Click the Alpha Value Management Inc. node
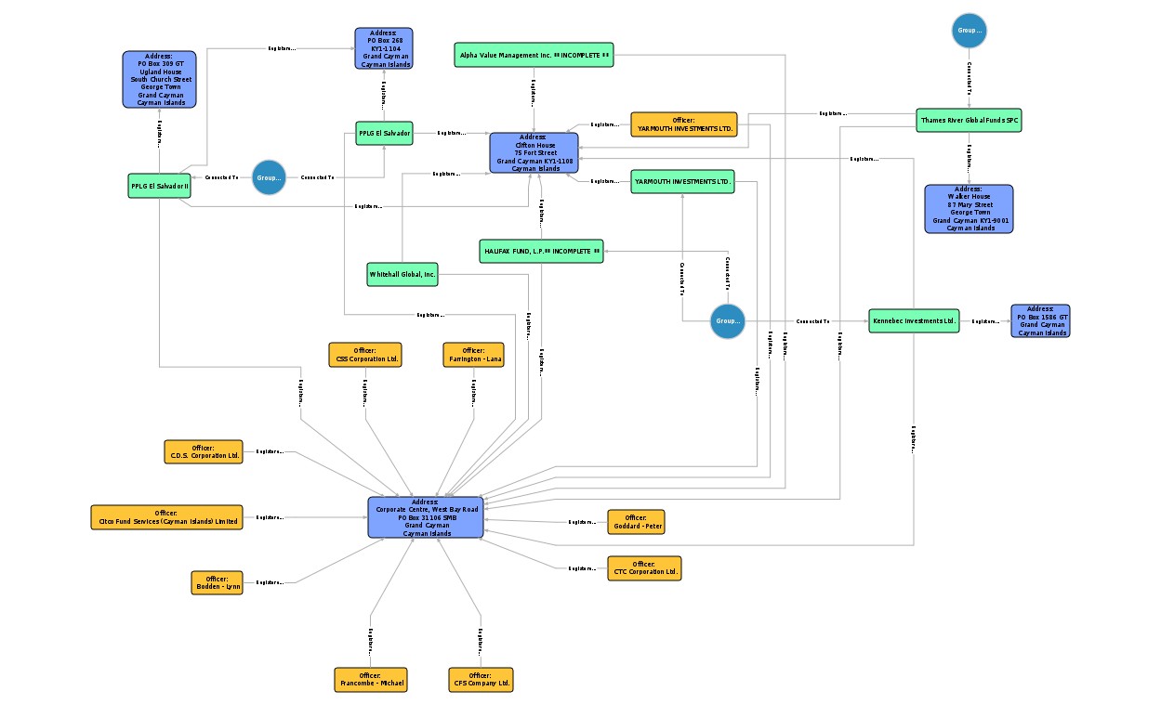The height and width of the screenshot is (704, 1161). [x=534, y=55]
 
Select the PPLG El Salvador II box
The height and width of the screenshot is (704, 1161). [x=159, y=186]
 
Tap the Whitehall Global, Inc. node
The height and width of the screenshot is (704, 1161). [x=402, y=275]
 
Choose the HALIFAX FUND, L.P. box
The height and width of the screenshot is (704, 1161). [x=541, y=251]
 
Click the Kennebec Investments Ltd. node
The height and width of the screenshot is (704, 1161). [x=913, y=321]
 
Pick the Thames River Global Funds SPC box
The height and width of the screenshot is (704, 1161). [x=970, y=121]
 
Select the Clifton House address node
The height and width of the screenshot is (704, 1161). [x=534, y=153]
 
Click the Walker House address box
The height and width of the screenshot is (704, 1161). [x=969, y=209]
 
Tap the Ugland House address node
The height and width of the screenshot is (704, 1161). [x=160, y=80]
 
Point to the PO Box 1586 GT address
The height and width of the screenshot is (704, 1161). [x=1040, y=320]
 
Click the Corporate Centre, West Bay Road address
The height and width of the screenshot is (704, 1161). [x=426, y=517]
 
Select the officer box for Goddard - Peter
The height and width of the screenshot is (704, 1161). [x=636, y=522]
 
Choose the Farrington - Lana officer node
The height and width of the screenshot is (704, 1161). [x=473, y=355]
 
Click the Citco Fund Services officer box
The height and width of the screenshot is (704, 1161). [x=166, y=517]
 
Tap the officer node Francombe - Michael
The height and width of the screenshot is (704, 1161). [x=370, y=679]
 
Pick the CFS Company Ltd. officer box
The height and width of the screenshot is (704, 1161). [x=480, y=679]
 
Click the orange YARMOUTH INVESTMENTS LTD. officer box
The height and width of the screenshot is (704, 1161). [x=683, y=124]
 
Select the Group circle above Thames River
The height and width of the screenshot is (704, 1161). [x=969, y=31]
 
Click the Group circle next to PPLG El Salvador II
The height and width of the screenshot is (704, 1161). [x=269, y=177]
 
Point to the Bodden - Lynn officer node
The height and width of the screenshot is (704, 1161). [x=218, y=582]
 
